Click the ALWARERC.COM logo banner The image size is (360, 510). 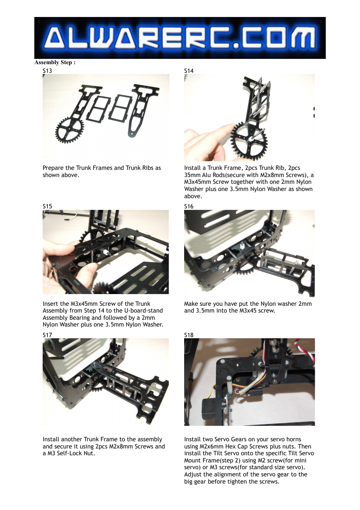(180, 38)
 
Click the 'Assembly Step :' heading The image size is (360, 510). (55, 62)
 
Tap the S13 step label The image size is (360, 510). (47, 71)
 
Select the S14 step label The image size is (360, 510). (189, 71)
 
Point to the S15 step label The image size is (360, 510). (47, 206)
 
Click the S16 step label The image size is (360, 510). (189, 206)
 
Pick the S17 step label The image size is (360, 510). (47, 335)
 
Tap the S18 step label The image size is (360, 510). (189, 335)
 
